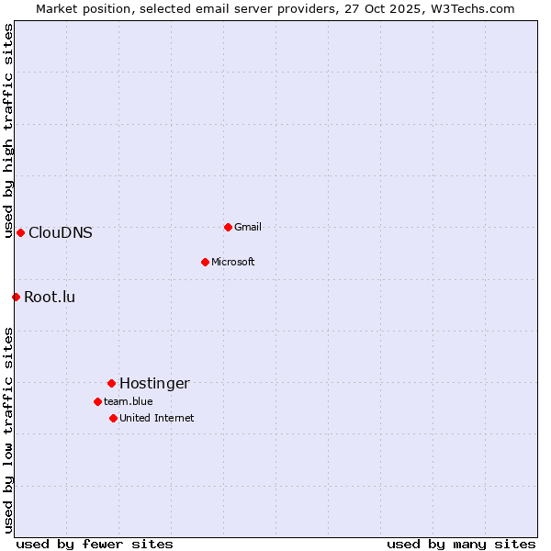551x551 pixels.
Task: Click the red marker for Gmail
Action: click(228, 227)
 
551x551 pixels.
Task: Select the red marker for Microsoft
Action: click(205, 262)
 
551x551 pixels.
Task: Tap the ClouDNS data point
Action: click(20, 232)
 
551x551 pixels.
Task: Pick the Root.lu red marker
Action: click(16, 297)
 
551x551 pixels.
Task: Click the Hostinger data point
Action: click(111, 383)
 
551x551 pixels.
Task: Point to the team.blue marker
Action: click(97, 401)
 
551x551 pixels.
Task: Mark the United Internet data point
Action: click(113, 418)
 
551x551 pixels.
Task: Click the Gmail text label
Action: click(248, 227)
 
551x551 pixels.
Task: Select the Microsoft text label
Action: click(233, 262)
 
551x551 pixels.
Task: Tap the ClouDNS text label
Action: click(61, 232)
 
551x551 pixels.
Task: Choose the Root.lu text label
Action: click(50, 297)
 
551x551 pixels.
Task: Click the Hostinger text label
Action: click(154, 383)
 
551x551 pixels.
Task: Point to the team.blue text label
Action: click(129, 401)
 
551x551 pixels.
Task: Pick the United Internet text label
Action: click(157, 418)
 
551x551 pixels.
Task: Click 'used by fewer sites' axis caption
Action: click(95, 544)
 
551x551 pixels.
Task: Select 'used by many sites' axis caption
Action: click(461, 544)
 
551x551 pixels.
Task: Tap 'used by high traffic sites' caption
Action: click(8, 131)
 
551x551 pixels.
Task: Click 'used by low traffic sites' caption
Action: click(8, 430)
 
